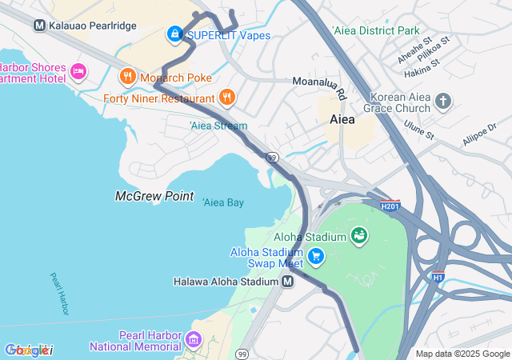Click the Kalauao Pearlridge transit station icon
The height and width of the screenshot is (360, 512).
[39, 26]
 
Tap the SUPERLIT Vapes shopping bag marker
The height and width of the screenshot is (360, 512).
[174, 34]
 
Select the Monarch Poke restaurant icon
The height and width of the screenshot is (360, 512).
[126, 77]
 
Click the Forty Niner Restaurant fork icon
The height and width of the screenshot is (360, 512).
[227, 98]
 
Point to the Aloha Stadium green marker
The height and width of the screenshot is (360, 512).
[359, 236]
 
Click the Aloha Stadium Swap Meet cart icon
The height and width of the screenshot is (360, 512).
[316, 256]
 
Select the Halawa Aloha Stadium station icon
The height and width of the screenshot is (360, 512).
[288, 282]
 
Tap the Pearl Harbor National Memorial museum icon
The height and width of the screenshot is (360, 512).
[192, 340]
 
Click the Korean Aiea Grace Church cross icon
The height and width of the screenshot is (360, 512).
[444, 101]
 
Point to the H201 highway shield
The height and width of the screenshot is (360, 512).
[390, 206]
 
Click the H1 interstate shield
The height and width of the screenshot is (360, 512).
[437, 278]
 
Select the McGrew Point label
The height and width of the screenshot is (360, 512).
[154, 195]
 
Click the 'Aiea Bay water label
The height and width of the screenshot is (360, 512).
[222, 202]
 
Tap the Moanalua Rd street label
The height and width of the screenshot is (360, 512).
[320, 87]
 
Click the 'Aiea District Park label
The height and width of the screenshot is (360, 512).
[374, 30]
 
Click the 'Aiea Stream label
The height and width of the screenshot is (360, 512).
[218, 126]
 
